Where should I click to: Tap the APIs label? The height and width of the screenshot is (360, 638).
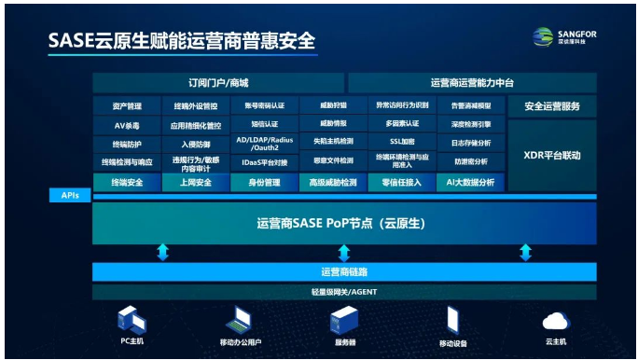point(71,196)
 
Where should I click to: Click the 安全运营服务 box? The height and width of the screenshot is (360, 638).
point(552,106)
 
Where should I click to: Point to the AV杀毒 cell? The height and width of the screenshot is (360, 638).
point(127,124)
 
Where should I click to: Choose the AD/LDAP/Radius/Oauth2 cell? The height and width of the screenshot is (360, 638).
point(265,142)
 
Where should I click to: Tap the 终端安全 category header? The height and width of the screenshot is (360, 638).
point(127,183)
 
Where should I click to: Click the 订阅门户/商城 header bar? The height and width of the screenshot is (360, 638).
point(218,83)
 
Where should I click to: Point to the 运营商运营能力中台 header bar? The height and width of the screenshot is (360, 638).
point(472,83)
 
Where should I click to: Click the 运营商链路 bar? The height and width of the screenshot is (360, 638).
point(344,271)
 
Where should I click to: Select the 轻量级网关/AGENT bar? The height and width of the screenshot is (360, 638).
point(344,292)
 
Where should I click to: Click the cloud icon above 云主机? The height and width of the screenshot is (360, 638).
point(556,321)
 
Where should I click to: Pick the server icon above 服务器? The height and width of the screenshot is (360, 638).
point(343,321)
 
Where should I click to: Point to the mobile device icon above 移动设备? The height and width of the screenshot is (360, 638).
point(452,320)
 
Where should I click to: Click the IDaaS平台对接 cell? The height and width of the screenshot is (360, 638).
point(265,162)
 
